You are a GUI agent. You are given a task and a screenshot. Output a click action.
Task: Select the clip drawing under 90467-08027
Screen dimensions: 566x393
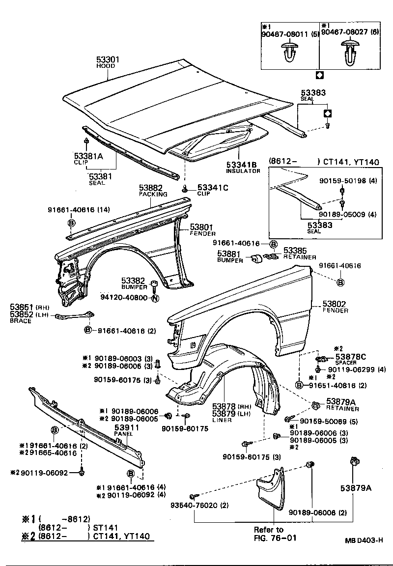pyautogui.click(x=350, y=53)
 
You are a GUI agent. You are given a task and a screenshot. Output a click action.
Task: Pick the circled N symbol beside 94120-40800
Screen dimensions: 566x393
pyautogui.click(x=155, y=298)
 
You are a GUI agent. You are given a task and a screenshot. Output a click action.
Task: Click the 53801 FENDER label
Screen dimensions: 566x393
pyautogui.click(x=201, y=227)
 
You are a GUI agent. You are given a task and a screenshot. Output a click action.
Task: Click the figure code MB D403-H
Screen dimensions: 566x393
pyautogui.click(x=363, y=540)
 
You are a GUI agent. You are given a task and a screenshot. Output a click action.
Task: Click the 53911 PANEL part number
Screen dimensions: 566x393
pyautogui.click(x=127, y=427)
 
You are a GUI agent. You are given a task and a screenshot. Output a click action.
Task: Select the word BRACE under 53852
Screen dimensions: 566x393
pyautogui.click(x=20, y=321)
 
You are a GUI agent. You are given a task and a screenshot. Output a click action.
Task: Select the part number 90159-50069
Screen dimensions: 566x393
pyautogui.click(x=322, y=421)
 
